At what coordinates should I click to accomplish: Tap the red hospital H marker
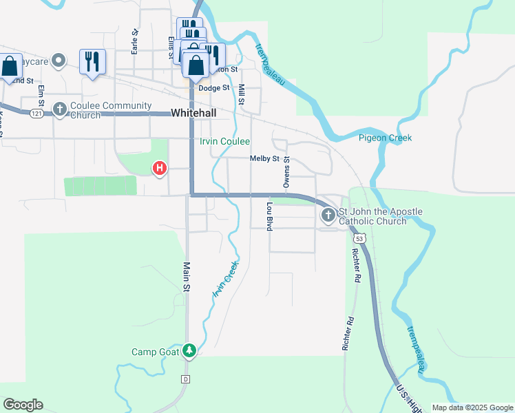pos(160,167)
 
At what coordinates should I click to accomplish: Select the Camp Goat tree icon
pos(189,351)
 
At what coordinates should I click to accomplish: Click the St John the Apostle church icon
pos(328,216)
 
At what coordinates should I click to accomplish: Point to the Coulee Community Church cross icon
pos(60,109)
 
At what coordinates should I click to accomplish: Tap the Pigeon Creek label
pos(385,138)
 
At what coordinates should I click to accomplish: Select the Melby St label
pos(264,158)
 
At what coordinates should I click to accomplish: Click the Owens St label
pos(286,172)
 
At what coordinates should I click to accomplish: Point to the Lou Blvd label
pos(270,216)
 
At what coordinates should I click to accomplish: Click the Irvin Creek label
pos(225,279)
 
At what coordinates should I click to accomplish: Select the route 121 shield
pos(36,113)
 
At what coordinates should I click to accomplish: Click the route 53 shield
pos(359,238)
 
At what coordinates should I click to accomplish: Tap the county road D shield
pos(185,379)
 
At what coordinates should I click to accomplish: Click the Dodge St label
pos(213,88)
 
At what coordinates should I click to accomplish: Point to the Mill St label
pos(242,94)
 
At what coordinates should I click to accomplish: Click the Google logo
pos(23,405)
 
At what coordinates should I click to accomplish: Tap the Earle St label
pos(135,41)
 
